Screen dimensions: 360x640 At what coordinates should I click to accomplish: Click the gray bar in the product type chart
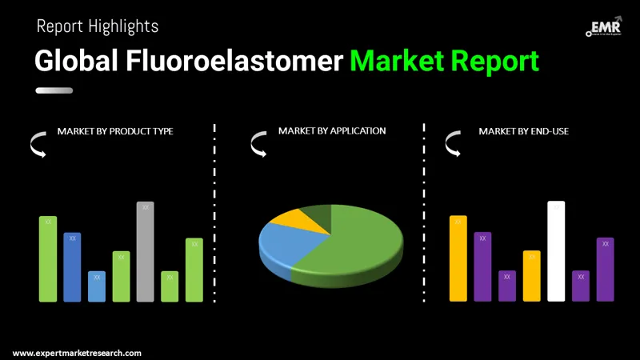[145, 252]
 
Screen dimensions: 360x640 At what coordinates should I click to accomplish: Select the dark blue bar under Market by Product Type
[72, 267]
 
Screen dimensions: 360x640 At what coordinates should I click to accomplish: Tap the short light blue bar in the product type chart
[97, 286]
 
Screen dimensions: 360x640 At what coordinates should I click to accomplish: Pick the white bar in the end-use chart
[556, 252]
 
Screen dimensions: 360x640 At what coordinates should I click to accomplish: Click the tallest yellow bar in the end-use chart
[458, 258]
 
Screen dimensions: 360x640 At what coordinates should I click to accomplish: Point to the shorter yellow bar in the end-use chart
[532, 276]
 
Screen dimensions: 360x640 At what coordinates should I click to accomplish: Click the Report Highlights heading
[98, 26]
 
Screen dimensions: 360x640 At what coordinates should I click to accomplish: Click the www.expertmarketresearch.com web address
[77, 353]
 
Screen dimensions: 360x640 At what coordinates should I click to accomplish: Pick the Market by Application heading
[332, 130]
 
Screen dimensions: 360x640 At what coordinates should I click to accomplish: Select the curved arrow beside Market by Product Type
[38, 145]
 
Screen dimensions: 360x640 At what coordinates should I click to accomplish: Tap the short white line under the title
[54, 90]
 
